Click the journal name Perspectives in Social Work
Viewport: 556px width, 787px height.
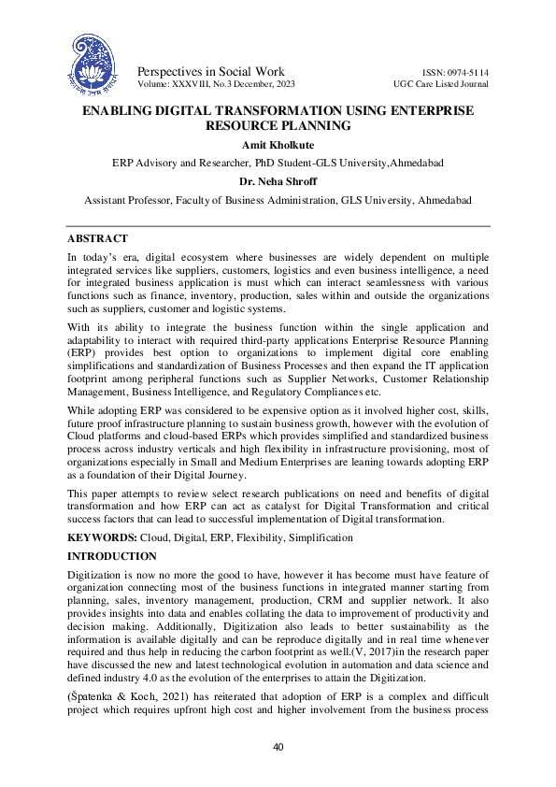click(211, 72)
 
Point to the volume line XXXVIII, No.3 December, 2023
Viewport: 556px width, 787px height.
click(224, 84)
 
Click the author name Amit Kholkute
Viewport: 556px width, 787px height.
click(278, 145)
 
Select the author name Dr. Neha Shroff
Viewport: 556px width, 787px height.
click(278, 181)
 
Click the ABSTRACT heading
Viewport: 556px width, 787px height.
click(97, 239)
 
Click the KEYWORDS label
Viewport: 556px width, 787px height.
click(102, 537)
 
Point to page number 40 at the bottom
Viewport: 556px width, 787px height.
click(278, 747)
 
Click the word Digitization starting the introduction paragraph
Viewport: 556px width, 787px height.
click(95, 573)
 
